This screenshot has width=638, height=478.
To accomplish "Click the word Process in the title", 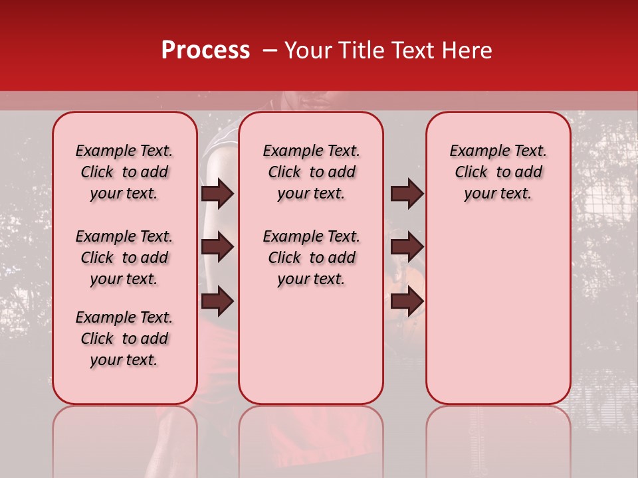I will pyautogui.click(x=205, y=50).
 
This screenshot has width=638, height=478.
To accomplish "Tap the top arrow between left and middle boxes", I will pyautogui.click(x=217, y=193).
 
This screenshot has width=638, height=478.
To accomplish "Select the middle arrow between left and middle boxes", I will pyautogui.click(x=217, y=247).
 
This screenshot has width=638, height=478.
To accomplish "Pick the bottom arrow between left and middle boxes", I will pyautogui.click(x=217, y=301).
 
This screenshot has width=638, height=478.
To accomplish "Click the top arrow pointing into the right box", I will pyautogui.click(x=407, y=193).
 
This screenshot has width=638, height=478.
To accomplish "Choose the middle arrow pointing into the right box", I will pyautogui.click(x=407, y=247).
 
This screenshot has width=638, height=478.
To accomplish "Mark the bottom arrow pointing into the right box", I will pyautogui.click(x=407, y=301).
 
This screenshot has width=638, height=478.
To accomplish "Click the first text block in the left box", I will pyautogui.click(x=124, y=172).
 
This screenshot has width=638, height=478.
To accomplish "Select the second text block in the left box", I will pyautogui.click(x=124, y=258).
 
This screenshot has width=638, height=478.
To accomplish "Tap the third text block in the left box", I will pyautogui.click(x=124, y=339).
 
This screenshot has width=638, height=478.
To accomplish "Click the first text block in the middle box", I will pyautogui.click(x=311, y=172).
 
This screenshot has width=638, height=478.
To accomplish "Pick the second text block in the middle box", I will pyautogui.click(x=311, y=258).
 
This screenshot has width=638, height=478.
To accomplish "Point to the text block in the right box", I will pyautogui.click(x=498, y=172).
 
